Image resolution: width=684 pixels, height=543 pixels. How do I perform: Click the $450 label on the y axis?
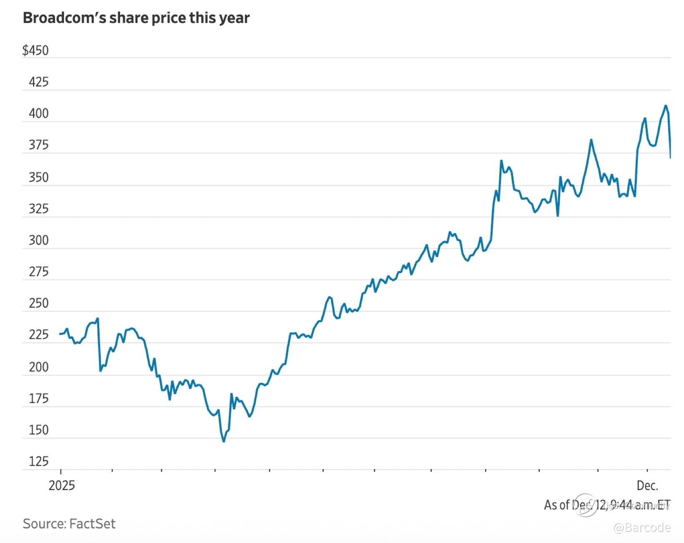point(35,50)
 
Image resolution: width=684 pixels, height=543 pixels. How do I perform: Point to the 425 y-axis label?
point(38,82)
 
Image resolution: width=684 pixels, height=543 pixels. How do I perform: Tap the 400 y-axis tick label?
point(38,114)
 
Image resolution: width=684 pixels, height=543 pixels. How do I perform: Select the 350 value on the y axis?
point(38,177)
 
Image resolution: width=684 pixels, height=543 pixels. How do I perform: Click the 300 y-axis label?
point(38,241)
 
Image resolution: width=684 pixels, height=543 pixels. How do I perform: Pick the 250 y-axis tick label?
point(38,304)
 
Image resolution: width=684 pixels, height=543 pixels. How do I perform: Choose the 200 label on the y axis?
point(38,367)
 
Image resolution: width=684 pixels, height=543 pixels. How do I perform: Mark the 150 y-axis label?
point(38,430)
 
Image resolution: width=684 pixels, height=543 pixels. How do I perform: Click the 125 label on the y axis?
point(38,461)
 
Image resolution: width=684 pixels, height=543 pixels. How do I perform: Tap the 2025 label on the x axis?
point(62,486)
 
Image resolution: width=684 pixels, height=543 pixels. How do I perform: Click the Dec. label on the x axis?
point(647,486)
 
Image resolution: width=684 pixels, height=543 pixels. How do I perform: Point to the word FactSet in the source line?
point(92,523)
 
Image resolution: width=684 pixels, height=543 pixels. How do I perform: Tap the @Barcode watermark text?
point(642,528)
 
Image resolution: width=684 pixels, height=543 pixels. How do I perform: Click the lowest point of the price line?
point(224,441)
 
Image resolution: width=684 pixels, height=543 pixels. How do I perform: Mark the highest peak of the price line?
point(666,106)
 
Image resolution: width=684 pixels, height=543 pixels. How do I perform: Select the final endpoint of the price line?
point(670,158)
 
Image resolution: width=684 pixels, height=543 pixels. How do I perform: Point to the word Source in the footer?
point(43,523)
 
